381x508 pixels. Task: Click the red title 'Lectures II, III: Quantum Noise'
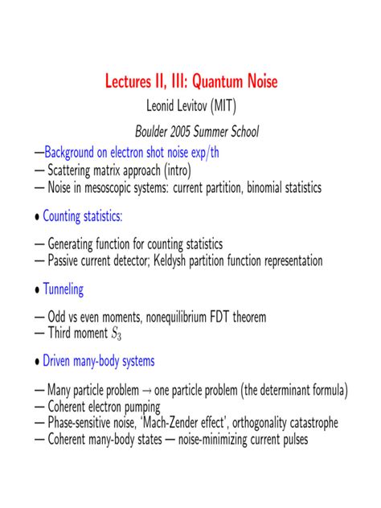(x=190, y=81)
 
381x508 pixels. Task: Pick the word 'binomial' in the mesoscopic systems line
(x=268, y=188)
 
